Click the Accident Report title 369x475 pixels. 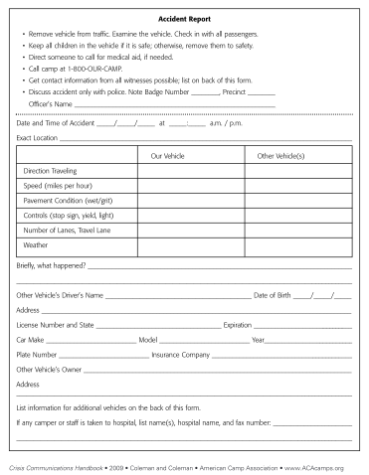184,19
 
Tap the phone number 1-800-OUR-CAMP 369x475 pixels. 88,70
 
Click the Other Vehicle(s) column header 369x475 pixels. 279,156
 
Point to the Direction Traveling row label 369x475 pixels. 50,171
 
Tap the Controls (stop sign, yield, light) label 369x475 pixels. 68,215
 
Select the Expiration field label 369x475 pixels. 238,324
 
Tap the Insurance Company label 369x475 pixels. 180,353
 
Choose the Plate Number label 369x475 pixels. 37,353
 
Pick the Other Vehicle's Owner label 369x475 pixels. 49,368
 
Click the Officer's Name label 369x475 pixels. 50,103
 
